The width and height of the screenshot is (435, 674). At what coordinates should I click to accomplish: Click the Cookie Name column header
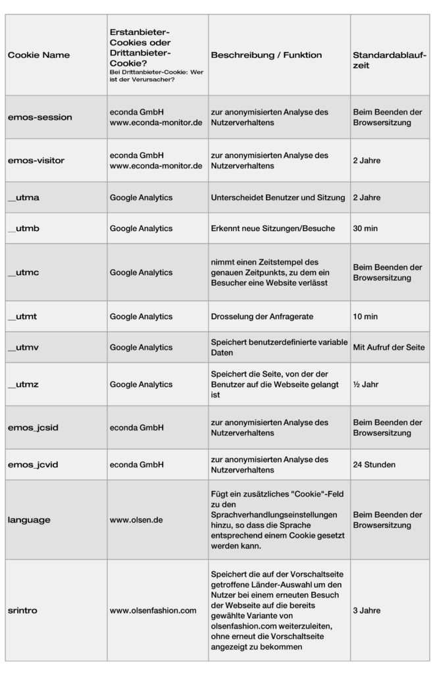pyautogui.click(x=38, y=55)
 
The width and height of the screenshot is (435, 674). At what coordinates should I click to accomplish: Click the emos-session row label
pyautogui.click(x=39, y=117)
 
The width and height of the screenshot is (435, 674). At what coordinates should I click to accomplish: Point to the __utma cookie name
pyautogui.click(x=24, y=197)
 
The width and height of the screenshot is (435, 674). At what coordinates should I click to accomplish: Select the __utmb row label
pyautogui.click(x=24, y=228)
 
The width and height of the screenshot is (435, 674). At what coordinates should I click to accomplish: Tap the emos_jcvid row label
pyautogui.click(x=34, y=465)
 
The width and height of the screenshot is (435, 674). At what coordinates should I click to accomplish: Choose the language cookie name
pyautogui.click(x=29, y=519)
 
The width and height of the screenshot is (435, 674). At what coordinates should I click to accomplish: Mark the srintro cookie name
pyautogui.click(x=22, y=610)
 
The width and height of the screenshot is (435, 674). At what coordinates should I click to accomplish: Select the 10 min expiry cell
pyautogui.click(x=365, y=317)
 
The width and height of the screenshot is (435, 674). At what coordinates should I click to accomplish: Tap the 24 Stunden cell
pyautogui.click(x=374, y=465)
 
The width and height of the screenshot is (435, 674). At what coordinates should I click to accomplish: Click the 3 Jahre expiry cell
pyautogui.click(x=367, y=610)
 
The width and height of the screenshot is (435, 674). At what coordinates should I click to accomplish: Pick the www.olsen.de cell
pyautogui.click(x=136, y=519)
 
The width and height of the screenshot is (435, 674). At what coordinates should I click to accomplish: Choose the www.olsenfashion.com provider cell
pyautogui.click(x=153, y=610)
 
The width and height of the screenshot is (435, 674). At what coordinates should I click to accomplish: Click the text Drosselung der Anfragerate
pyautogui.click(x=263, y=317)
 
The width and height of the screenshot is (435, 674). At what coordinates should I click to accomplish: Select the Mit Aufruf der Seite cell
pyautogui.click(x=389, y=347)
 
